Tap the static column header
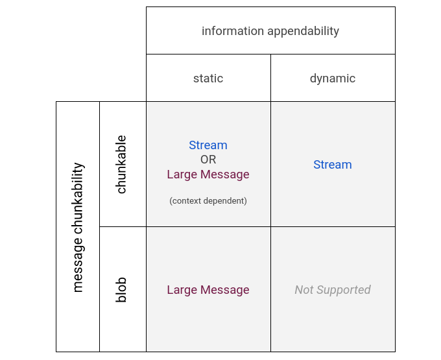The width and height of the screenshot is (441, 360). pos(208,78)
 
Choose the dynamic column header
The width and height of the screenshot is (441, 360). pos(333,78)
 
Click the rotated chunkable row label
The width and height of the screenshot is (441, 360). pos(121,164)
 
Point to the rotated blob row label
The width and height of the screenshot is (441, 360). pos(121,290)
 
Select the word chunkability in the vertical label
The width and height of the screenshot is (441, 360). pos(78,200)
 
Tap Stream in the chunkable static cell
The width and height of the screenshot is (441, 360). pos(208,145)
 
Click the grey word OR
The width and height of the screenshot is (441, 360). pos(208,160)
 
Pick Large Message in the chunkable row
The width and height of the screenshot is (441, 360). pos(208,174)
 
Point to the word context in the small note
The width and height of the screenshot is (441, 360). pos(189,201)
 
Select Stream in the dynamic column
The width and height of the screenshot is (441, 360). pos(333,165)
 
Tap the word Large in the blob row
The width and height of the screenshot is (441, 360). pos(182,290)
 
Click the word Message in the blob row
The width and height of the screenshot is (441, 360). pos(224,290)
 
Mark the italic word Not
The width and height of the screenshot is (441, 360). pos(305,290)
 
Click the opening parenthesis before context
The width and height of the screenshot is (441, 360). pos(171,201)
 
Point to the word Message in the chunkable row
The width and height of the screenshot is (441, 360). pos(224,174)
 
